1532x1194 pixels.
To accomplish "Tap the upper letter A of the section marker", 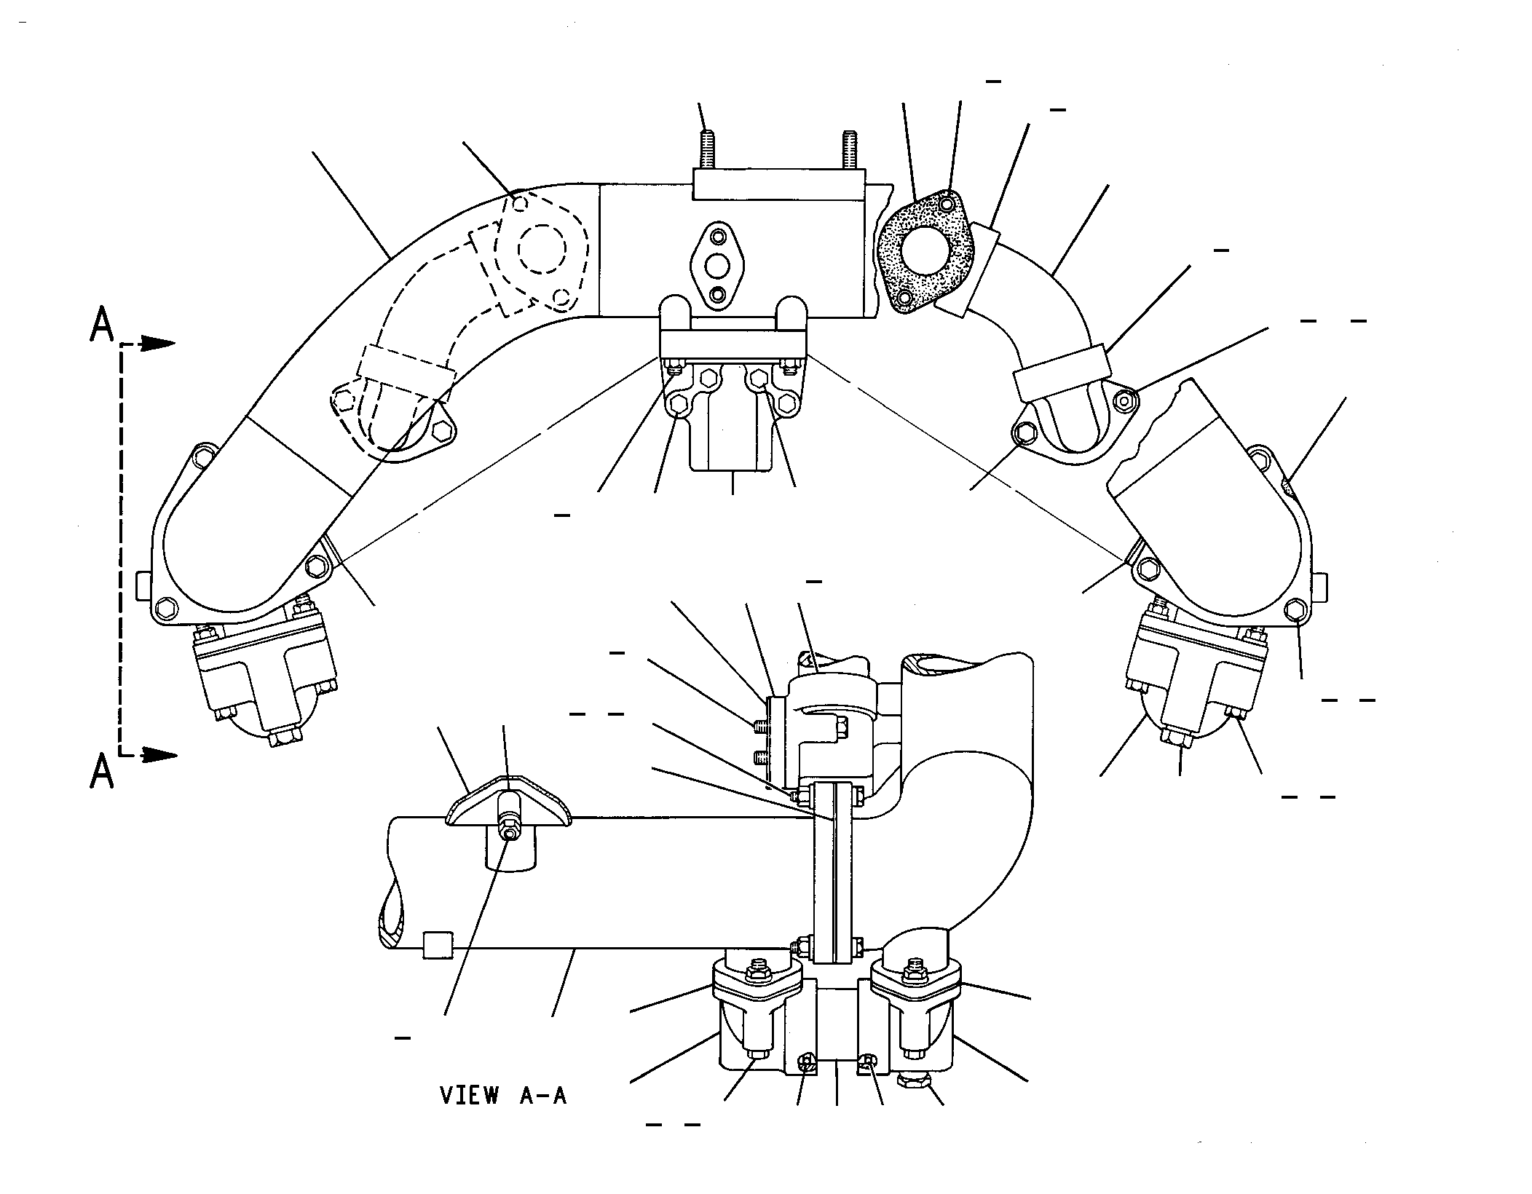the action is coord(102,325).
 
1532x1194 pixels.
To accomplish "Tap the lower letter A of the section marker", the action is coord(102,772).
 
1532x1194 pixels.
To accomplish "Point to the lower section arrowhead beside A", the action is coord(158,756).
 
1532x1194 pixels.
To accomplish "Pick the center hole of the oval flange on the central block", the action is coord(719,265).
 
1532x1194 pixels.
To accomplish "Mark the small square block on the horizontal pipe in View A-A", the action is coord(437,944).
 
